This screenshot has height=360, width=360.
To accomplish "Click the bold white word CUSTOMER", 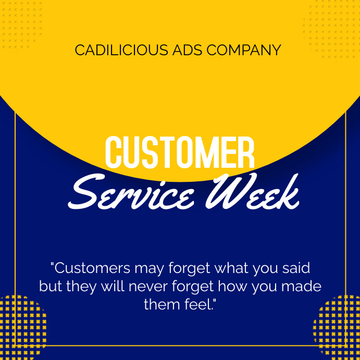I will tap(180, 152).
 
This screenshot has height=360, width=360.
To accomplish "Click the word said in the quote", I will tap(295, 269).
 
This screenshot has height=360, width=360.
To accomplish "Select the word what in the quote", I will tap(232, 269).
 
